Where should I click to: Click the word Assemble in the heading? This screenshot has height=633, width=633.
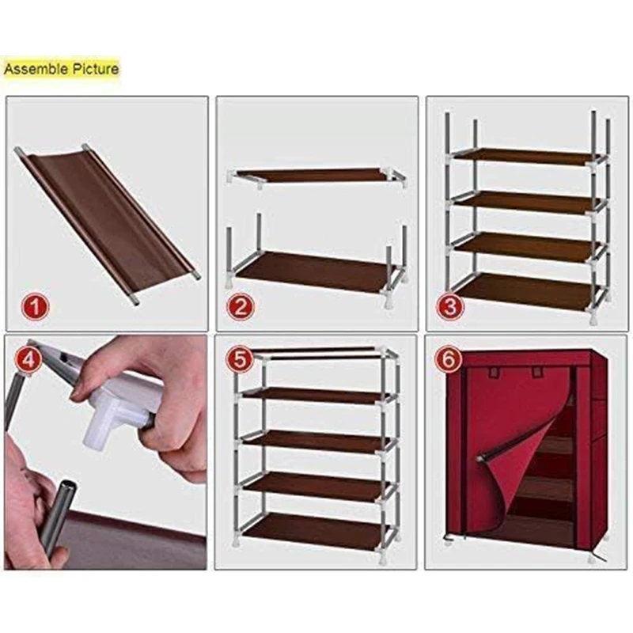click(36, 69)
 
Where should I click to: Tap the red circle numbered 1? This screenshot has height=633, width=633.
click(35, 306)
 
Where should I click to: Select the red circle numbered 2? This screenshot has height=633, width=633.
click(241, 306)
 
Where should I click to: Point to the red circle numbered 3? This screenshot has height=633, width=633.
click(450, 306)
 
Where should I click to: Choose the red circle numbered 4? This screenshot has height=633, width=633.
click(28, 359)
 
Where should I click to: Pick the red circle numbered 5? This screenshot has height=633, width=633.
click(240, 358)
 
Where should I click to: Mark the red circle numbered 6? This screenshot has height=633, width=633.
click(449, 358)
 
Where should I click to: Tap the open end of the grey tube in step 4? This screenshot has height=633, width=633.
click(67, 487)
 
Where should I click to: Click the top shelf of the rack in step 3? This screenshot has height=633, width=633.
click(525, 156)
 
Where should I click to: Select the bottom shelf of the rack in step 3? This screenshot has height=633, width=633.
click(525, 290)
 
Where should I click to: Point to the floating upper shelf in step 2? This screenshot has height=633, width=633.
click(317, 176)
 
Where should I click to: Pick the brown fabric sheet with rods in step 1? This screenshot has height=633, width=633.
click(107, 223)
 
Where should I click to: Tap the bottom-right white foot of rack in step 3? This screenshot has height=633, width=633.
click(593, 318)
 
